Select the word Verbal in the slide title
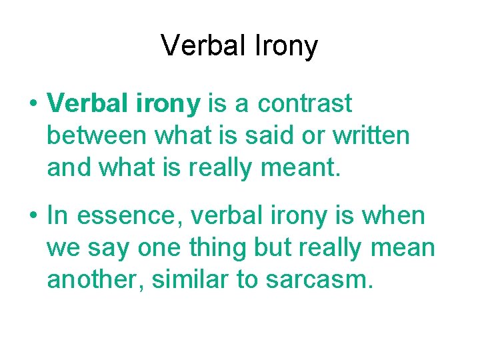click(204, 46)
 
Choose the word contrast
click(305, 104)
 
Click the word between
click(97, 136)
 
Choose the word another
click(94, 280)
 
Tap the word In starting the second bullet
click(58, 215)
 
